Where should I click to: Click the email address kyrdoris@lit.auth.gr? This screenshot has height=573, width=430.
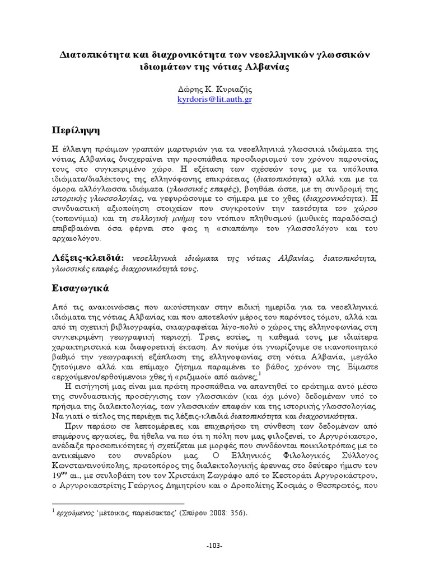214,99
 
